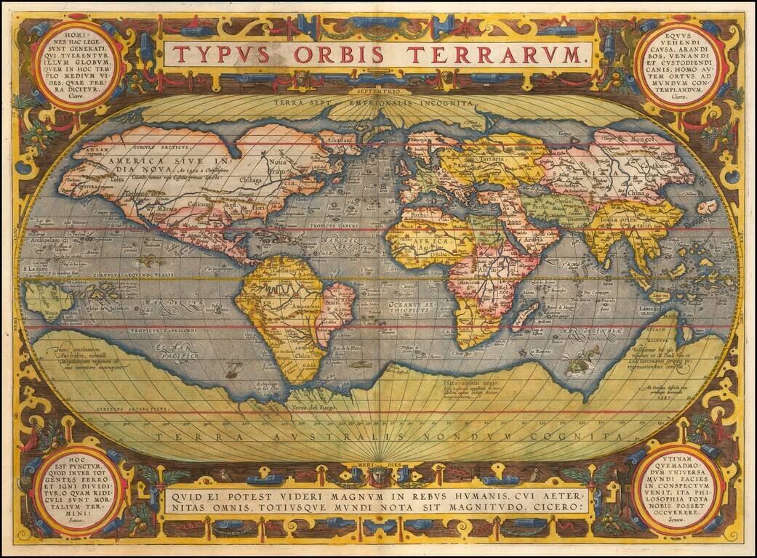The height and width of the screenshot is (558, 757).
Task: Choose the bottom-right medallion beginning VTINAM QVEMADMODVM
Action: tap(678, 490)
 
